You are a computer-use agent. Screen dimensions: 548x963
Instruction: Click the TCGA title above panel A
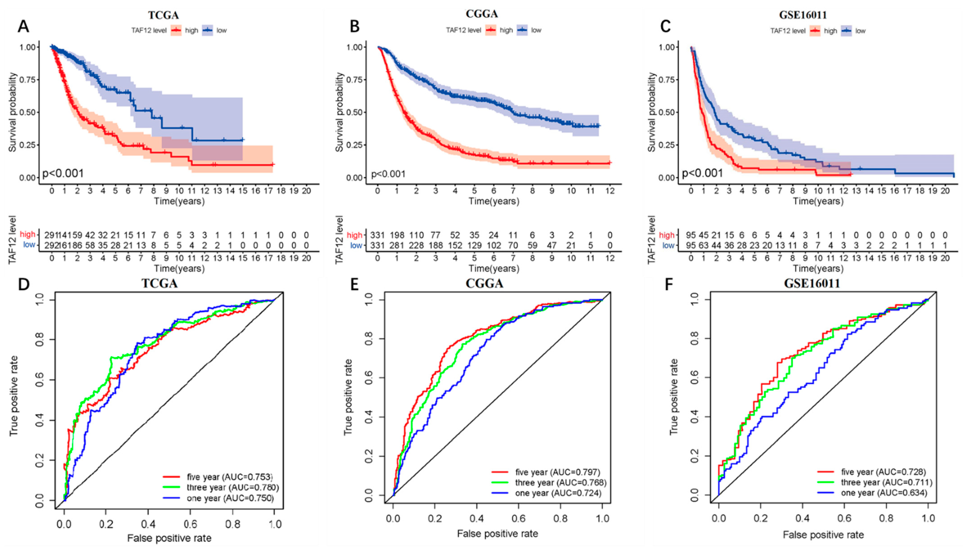pos(163,15)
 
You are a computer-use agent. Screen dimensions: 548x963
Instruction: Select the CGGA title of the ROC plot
pos(484,283)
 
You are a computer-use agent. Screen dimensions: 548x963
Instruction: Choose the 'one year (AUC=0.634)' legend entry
pos(884,493)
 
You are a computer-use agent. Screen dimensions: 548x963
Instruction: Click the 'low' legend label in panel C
pos(860,31)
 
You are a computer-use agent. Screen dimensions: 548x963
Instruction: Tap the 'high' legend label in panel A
pos(192,31)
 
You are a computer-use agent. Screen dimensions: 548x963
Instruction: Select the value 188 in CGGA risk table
pos(435,245)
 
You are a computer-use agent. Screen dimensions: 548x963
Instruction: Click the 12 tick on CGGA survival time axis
pos(610,191)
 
